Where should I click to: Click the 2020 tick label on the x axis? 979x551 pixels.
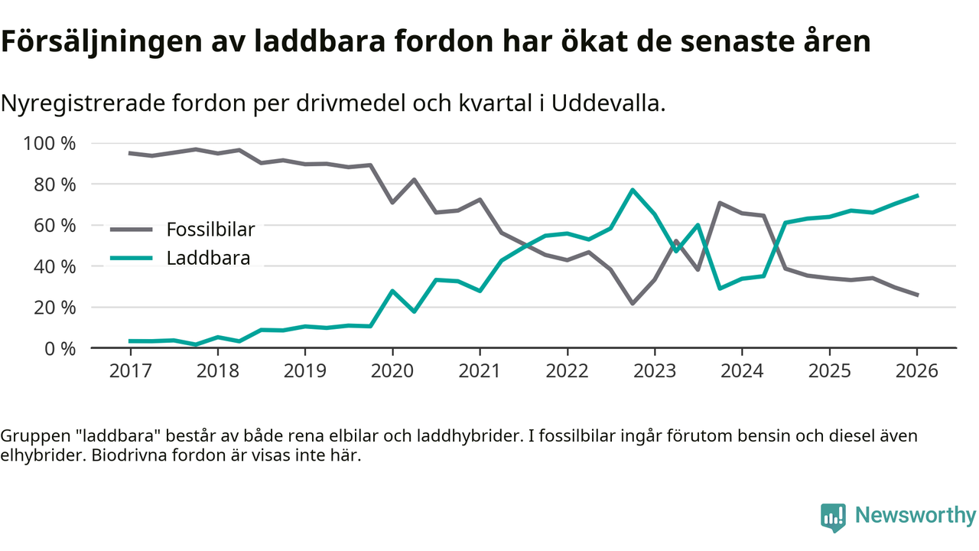coord(392,370)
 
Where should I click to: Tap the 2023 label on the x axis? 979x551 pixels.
coord(654,370)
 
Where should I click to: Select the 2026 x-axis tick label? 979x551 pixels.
coord(916,370)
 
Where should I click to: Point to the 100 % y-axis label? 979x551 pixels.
coord(50,144)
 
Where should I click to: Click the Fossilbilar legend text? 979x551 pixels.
coord(210,229)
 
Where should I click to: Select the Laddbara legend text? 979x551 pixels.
coord(208,258)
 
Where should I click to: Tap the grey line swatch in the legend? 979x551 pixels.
coord(132,229)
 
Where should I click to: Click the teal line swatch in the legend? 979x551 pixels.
coord(132,258)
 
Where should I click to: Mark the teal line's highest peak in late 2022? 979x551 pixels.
coord(633,190)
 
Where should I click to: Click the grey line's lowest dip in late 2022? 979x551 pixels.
coord(633,304)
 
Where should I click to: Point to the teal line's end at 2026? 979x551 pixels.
coord(917,196)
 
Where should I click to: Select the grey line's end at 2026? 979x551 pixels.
coord(917,295)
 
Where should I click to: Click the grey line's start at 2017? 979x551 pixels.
coord(130,153)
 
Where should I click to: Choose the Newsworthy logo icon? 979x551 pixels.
coord(833,517)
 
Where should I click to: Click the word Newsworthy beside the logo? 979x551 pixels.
coord(915,516)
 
